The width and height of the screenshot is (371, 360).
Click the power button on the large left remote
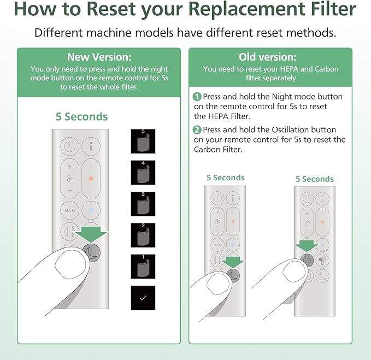(69, 146)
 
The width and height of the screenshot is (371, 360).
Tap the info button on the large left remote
(91, 146)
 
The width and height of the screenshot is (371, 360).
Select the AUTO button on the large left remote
(69, 210)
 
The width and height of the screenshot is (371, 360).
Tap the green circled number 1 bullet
(197, 97)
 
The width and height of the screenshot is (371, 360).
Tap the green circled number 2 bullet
(197, 130)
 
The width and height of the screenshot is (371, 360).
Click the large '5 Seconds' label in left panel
(82, 116)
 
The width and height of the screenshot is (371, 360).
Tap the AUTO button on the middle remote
(217, 244)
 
